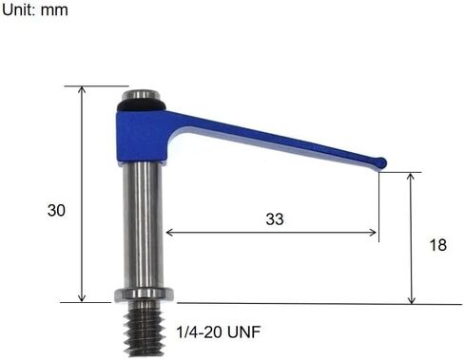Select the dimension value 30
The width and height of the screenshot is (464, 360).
click(x=57, y=211)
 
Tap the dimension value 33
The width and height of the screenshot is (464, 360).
click(x=274, y=218)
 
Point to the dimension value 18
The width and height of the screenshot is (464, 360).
click(x=437, y=245)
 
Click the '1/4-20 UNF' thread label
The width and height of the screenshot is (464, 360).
click(x=219, y=332)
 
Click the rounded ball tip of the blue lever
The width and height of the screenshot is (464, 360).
click(x=381, y=163)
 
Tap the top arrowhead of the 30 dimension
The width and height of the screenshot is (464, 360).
click(x=82, y=90)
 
